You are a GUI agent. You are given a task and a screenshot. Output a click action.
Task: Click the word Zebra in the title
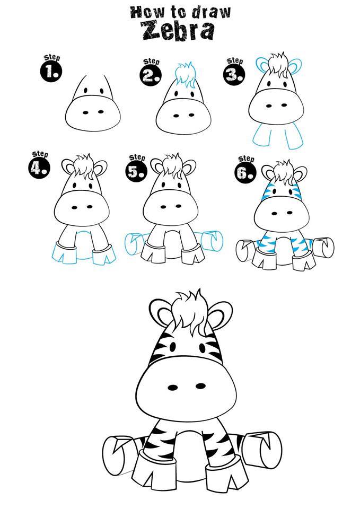[179, 31]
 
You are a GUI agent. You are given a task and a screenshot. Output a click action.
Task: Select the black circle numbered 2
[150, 76]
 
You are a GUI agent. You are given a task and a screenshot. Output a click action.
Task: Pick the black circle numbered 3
[233, 75]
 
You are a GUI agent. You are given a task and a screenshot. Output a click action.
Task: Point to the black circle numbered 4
[39, 168]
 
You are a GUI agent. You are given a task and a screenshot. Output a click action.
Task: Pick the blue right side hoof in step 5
[212, 241]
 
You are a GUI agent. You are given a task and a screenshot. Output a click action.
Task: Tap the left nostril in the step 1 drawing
[85, 112]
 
